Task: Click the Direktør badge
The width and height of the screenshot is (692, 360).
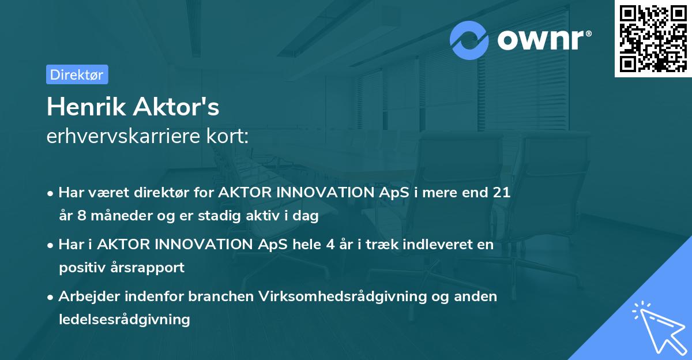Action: (77, 74)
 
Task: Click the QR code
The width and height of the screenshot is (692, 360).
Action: (653, 38)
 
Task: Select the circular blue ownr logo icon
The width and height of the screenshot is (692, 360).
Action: (469, 40)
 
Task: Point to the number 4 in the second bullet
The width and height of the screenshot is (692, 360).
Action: (330, 245)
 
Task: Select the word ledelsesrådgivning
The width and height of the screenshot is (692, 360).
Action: (125, 319)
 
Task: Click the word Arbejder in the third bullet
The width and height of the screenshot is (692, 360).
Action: (86, 296)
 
